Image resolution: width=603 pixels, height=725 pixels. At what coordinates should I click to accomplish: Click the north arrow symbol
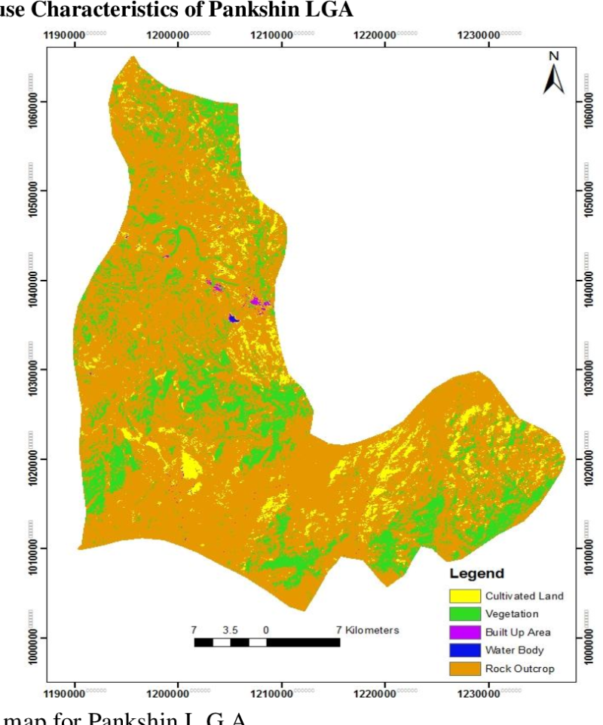click(554, 78)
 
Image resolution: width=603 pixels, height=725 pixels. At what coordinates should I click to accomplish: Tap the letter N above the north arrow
click(554, 56)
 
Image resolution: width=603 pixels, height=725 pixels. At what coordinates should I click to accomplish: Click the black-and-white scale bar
click(267, 642)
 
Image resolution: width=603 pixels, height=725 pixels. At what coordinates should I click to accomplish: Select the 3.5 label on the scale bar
click(231, 628)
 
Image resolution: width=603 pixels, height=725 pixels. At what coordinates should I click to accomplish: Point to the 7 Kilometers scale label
click(367, 628)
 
